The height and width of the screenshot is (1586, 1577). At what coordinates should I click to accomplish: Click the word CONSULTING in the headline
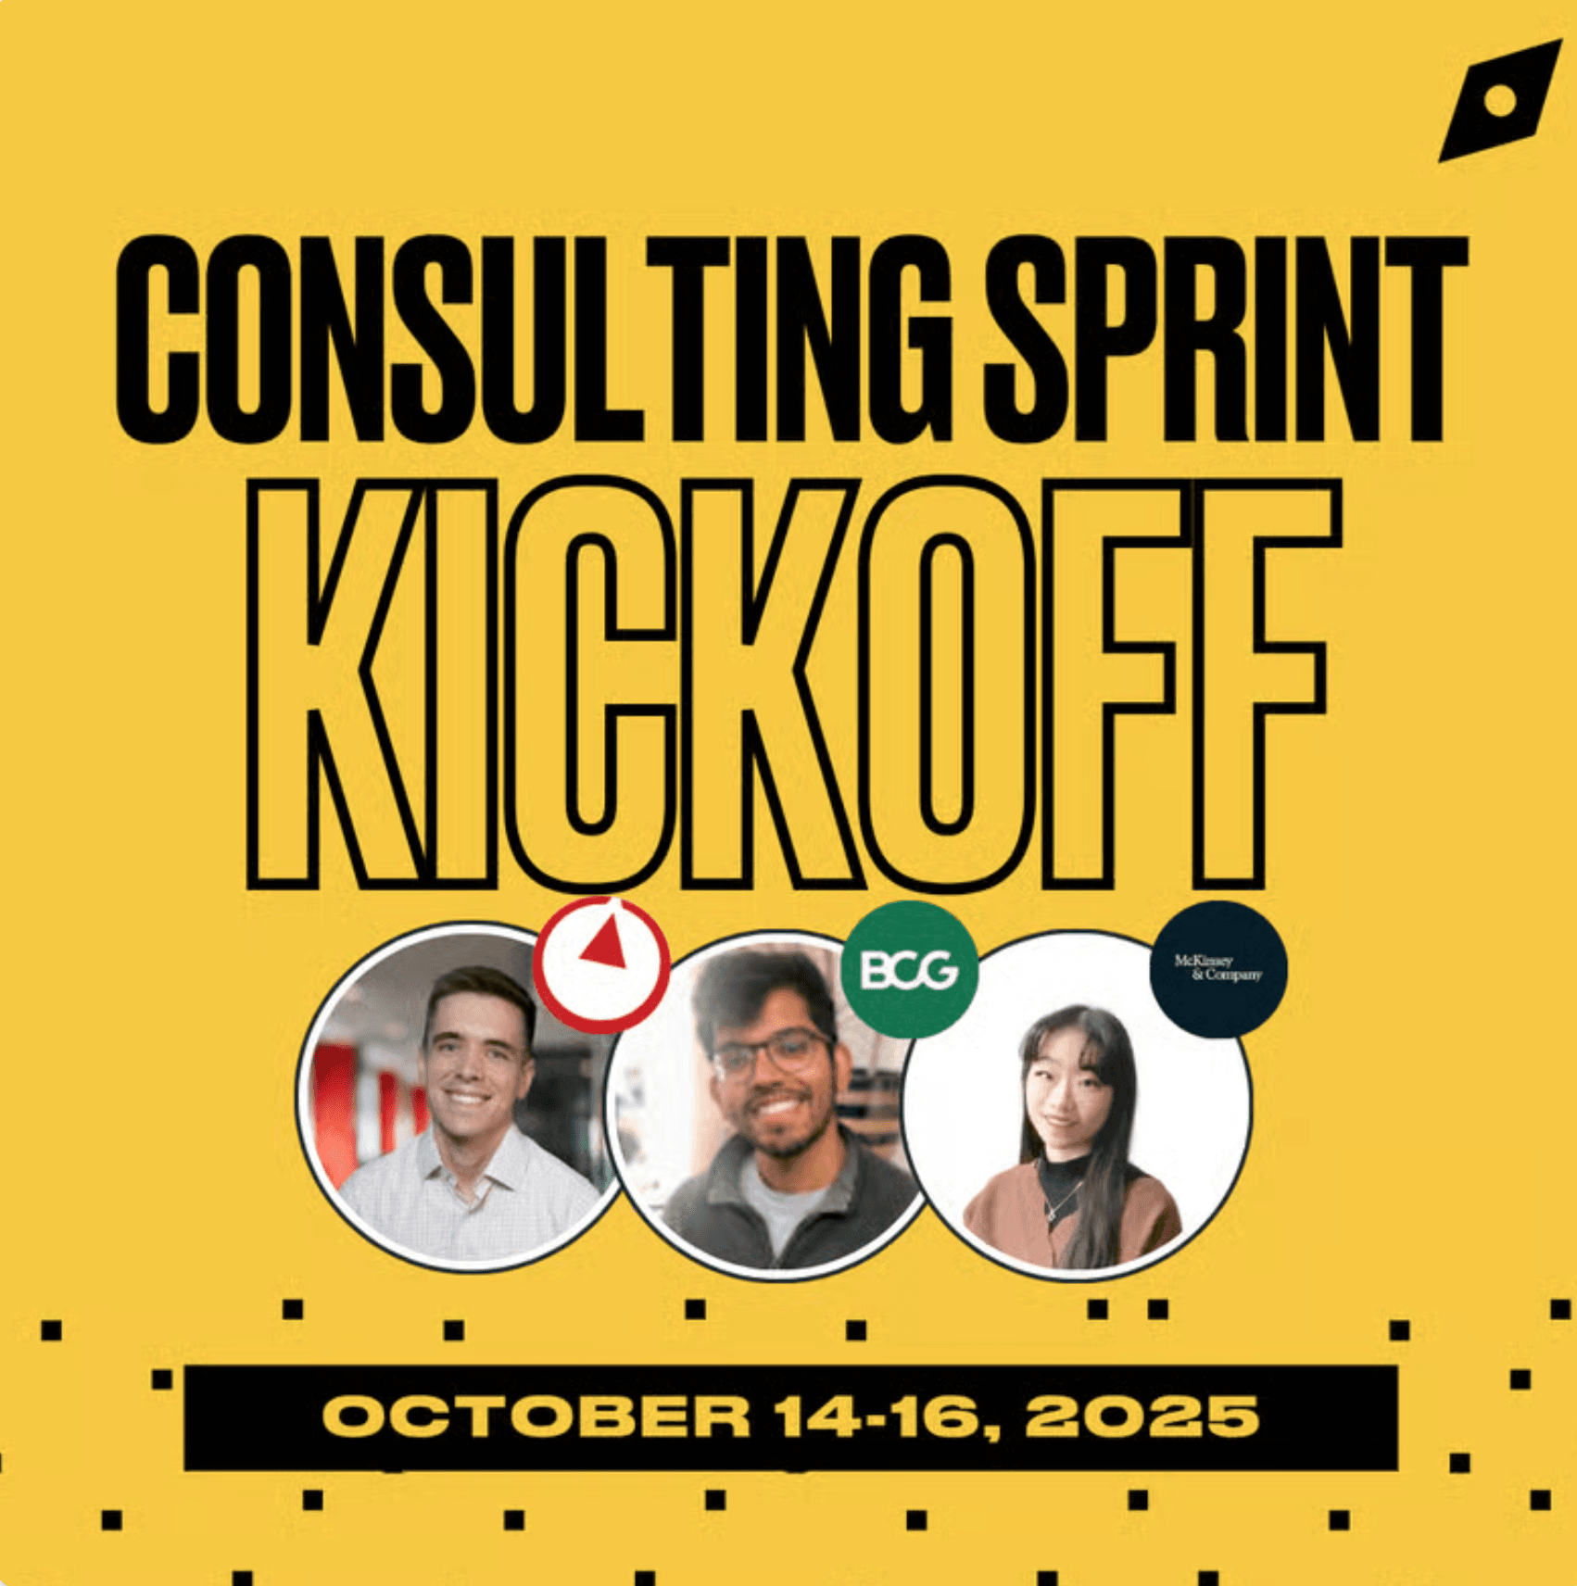coord(535,339)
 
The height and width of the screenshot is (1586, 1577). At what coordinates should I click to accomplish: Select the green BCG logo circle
coord(909,969)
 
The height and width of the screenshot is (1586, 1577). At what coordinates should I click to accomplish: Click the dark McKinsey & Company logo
coord(1218,968)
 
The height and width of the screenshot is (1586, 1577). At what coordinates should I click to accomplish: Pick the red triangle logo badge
coord(601,964)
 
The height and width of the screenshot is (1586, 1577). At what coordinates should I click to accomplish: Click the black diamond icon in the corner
coord(1499,101)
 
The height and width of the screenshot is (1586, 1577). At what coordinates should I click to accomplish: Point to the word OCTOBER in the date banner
coord(536,1416)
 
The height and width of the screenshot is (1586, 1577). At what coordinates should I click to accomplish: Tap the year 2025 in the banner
coord(1142,1416)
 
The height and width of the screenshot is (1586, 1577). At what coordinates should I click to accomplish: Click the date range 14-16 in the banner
coord(874,1416)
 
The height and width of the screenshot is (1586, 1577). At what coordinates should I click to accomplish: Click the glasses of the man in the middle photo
coord(772,1054)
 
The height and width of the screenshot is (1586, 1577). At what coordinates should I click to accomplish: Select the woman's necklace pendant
coord(1050,1212)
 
